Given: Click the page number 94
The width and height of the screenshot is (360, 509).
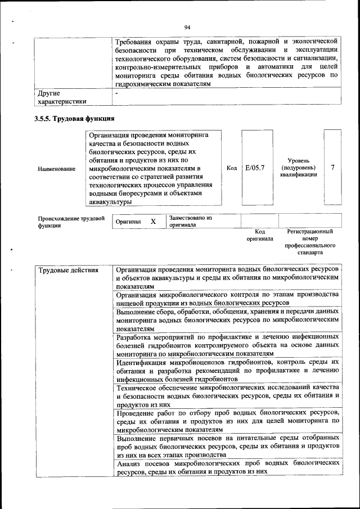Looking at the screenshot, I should point(187,27).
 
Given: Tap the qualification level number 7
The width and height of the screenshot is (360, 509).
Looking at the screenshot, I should point(332,168).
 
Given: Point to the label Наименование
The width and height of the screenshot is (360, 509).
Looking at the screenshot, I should point(56,168).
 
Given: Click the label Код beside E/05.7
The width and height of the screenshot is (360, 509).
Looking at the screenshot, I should point(231,168).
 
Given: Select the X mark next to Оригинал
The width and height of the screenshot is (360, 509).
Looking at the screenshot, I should point(153,222).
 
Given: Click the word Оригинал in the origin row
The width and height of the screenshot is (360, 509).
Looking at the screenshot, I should point(128,222).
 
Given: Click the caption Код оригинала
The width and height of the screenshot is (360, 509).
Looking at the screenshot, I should point(259,235).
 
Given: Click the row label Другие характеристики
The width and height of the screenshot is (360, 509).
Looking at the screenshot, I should point(61,97).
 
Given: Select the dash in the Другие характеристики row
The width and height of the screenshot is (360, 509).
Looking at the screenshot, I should point(116,93).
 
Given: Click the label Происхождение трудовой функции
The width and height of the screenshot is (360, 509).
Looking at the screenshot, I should point(71,222).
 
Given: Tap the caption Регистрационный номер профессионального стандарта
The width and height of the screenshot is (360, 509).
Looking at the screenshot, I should point(310,242).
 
